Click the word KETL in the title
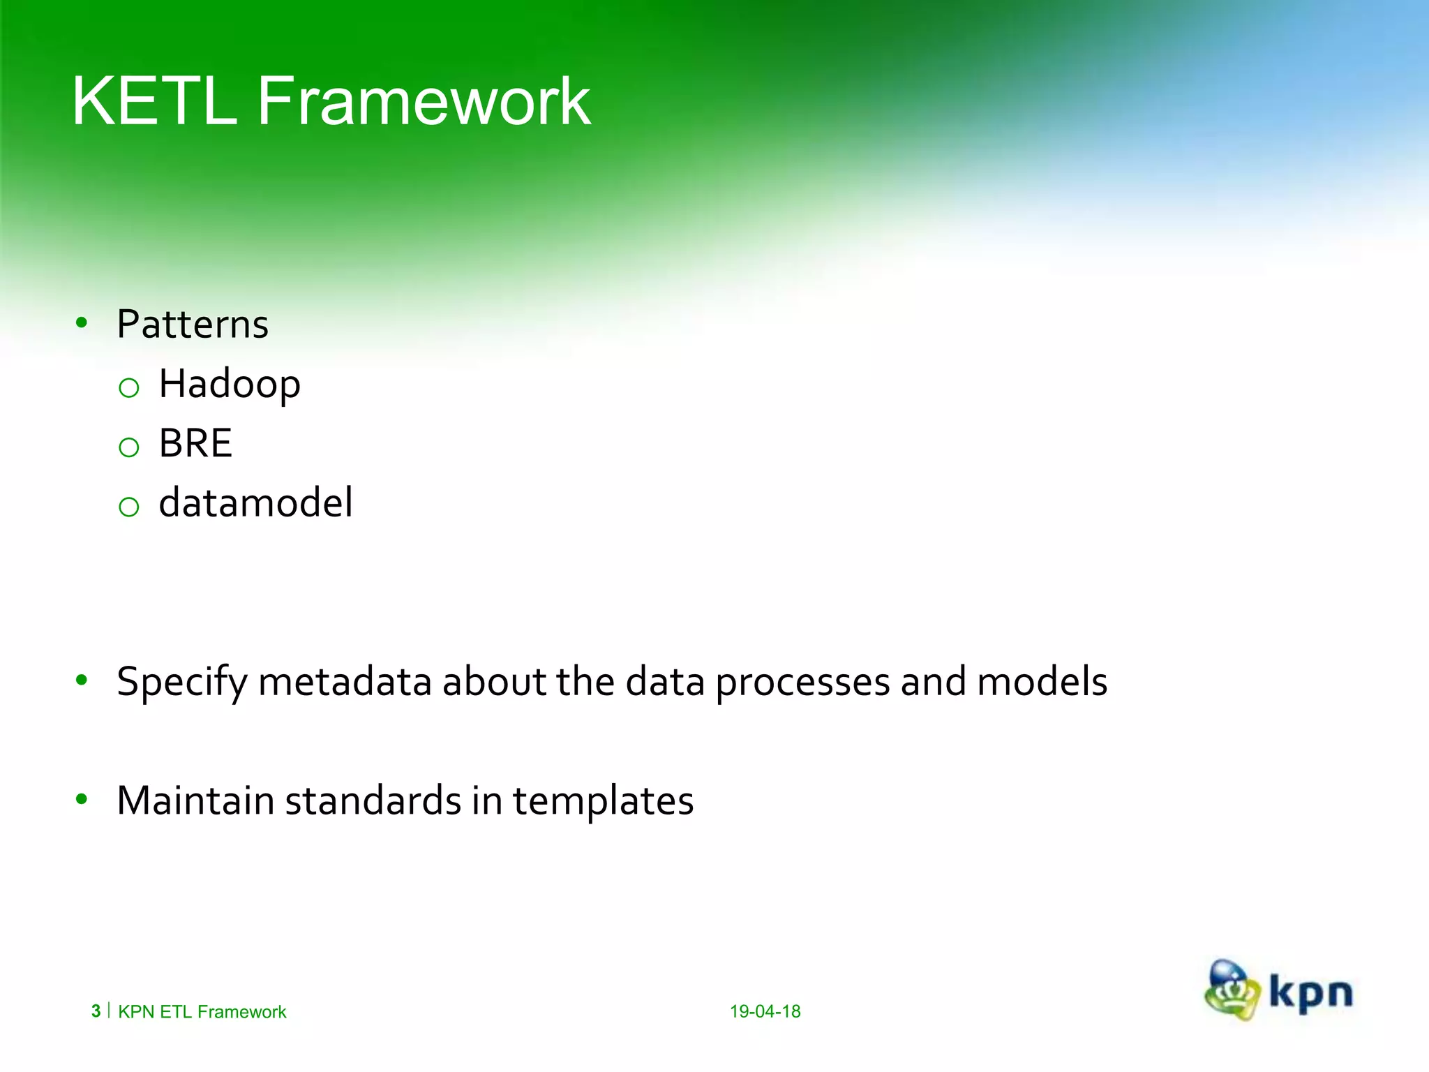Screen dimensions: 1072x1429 pyautogui.click(x=154, y=102)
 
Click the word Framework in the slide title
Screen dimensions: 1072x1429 pyautogui.click(x=424, y=102)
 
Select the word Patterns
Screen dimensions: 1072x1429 pyautogui.click(x=193, y=325)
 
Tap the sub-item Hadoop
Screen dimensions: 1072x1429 pyautogui.click(x=230, y=385)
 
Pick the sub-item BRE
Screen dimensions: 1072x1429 pyautogui.click(x=195, y=444)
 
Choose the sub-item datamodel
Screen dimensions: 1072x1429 pyautogui.click(x=255, y=503)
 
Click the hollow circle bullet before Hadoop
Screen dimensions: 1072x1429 pyautogui.click(x=129, y=388)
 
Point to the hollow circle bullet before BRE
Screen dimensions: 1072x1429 pyautogui.click(x=129, y=447)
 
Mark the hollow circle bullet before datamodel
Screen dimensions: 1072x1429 pyautogui.click(x=129, y=507)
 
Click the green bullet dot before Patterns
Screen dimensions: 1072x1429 pyautogui.click(x=82, y=322)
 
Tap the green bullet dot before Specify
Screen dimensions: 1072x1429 pyautogui.click(x=82, y=680)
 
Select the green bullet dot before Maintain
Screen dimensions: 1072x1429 pyautogui.click(x=82, y=799)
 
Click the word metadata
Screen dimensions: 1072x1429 pyautogui.click(x=345, y=682)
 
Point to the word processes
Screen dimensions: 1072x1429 pyautogui.click(x=802, y=682)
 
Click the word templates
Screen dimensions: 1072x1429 pyautogui.click(x=603, y=801)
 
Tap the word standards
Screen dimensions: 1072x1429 pyautogui.click(x=373, y=801)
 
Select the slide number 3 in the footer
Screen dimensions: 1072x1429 pyautogui.click(x=96, y=1011)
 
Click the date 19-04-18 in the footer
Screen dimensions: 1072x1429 pyautogui.click(x=765, y=1011)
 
